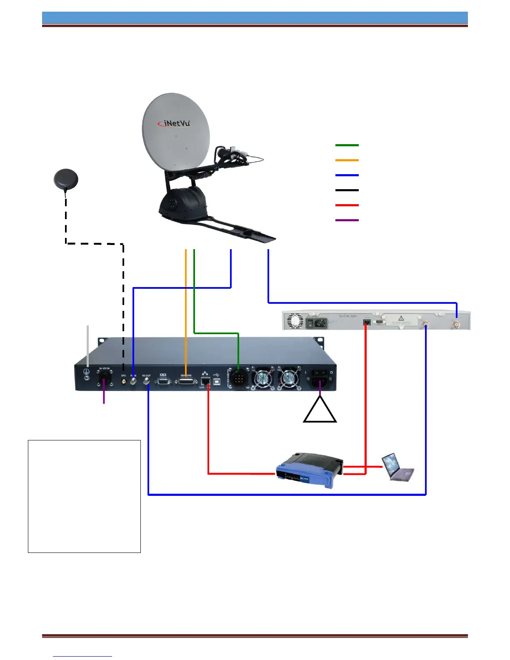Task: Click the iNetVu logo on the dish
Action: click(x=174, y=123)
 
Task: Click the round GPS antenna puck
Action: click(x=66, y=180)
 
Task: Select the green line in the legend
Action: click(x=347, y=145)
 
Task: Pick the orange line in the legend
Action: click(x=347, y=160)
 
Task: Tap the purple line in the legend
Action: click(x=347, y=220)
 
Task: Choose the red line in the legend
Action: click(x=347, y=205)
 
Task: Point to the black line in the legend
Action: click(x=347, y=190)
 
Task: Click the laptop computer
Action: click(x=397, y=467)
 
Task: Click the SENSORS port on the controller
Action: click(x=186, y=381)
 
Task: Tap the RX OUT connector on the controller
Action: click(x=147, y=381)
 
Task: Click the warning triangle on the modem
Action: click(x=401, y=318)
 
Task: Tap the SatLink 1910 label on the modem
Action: click(x=347, y=316)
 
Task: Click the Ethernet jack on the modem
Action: click(x=367, y=322)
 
